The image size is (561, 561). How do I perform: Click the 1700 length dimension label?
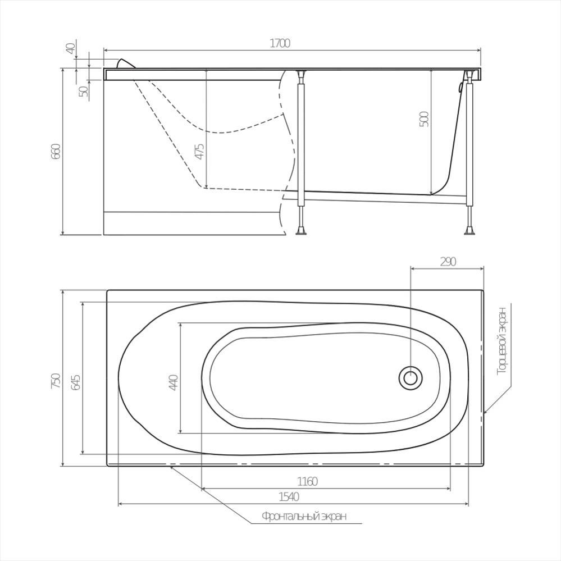280,43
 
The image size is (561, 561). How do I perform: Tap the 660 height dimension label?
57,151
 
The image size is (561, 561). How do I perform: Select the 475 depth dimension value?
200,152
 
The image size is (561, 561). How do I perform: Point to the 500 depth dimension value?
423,119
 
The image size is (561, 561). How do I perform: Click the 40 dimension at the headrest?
71,48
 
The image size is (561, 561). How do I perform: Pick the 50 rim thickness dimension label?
83,91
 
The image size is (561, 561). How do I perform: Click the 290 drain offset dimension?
448,262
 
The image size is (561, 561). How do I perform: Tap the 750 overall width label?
56,381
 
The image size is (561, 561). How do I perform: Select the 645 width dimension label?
75,382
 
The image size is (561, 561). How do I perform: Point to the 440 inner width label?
174,382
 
